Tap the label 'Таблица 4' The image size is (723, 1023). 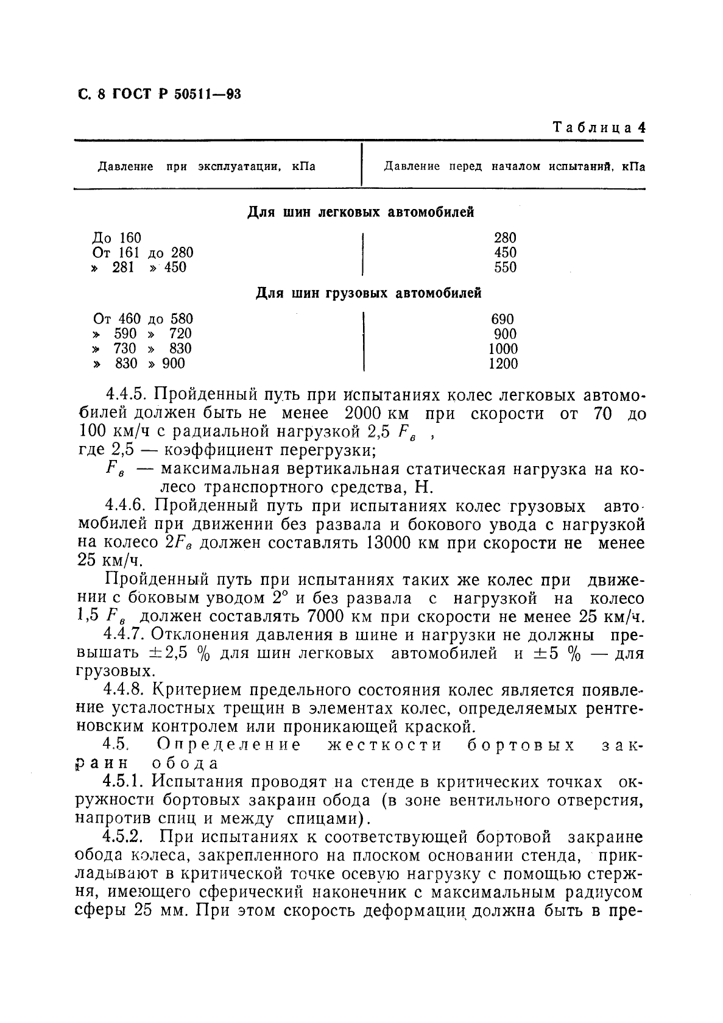pyautogui.click(x=599, y=128)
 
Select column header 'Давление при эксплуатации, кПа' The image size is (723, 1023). pyautogui.click(x=206, y=166)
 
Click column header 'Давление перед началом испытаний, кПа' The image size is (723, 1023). pyautogui.click(x=514, y=166)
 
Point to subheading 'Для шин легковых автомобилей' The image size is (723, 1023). pyautogui.click(x=361, y=213)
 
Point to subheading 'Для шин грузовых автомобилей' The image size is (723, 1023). pyautogui.click(x=368, y=294)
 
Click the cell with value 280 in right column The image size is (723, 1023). pyautogui.click(x=505, y=238)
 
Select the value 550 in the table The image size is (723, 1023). pyautogui.click(x=505, y=267)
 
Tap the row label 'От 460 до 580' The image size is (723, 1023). pyautogui.click(x=143, y=319)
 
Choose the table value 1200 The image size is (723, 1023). pyautogui.click(x=503, y=364)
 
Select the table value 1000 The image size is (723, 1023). pyautogui.click(x=503, y=349)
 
